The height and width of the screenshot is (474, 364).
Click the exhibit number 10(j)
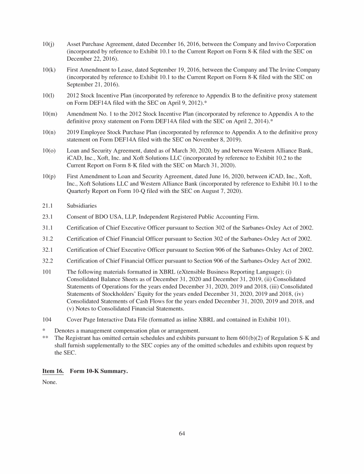48,44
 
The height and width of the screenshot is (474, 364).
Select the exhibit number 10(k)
49,70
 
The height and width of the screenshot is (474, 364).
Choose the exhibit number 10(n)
49,132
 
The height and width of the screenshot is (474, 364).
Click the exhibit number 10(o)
49,151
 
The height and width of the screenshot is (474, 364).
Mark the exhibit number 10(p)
49,176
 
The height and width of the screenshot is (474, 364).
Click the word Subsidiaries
82,206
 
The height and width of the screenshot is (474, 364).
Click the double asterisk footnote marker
45,338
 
